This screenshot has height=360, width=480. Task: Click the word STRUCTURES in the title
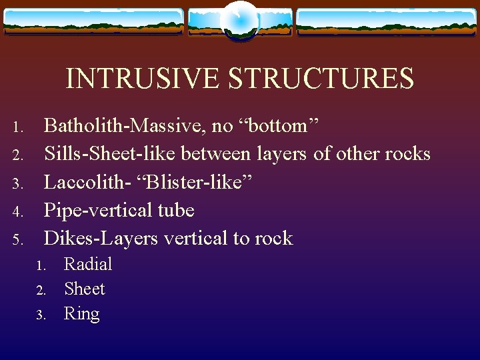pos(321,79)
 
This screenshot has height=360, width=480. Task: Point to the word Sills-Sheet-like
pos(111,154)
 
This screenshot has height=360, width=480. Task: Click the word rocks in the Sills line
pos(406,154)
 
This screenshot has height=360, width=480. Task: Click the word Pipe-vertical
pos(99,211)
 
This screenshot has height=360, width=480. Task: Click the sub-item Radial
pos(88,264)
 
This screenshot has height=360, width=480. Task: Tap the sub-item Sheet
pos(85,289)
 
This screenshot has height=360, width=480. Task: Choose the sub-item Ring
pos(82,314)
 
